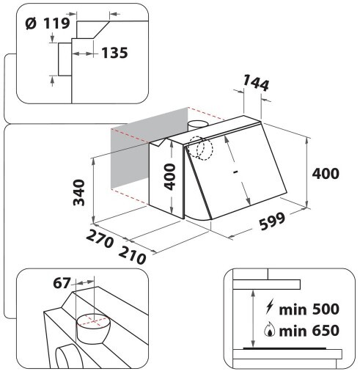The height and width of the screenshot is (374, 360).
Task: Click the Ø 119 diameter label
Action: click(48, 23)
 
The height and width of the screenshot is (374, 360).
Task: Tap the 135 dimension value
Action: click(114, 53)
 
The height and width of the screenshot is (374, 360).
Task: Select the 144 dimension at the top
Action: click(256, 82)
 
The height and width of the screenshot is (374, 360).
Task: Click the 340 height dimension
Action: click(79, 193)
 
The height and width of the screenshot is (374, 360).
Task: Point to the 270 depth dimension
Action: click(100, 238)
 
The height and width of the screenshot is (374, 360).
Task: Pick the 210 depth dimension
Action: click(132, 255)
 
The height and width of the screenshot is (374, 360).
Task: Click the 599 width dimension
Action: click(272, 221)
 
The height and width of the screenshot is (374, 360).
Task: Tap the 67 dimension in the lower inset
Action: click(62, 283)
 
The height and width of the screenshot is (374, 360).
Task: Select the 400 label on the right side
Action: click(326, 174)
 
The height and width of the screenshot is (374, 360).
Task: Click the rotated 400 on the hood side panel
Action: click(170, 177)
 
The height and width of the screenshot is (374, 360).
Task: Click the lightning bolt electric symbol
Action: click(270, 307)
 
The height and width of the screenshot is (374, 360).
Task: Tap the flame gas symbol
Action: click(270, 331)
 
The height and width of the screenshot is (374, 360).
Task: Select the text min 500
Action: click(309, 309)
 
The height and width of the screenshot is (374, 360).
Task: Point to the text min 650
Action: click(309, 331)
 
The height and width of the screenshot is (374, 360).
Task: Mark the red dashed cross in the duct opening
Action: click(93, 320)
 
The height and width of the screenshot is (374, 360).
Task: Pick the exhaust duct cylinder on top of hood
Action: click(198, 126)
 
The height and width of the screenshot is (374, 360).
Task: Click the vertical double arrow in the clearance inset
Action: click(254, 318)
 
